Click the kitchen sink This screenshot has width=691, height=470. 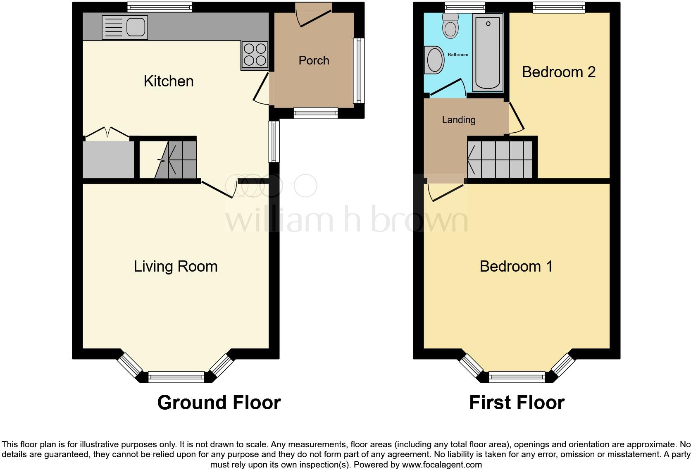coord(124,28)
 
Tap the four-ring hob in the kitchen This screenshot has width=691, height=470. coord(255,55)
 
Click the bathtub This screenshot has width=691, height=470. coord(488,52)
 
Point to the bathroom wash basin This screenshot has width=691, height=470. coord(434,60)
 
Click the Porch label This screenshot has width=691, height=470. coord(314,60)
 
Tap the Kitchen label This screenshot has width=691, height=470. coord(168,81)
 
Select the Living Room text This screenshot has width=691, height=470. coord(175,266)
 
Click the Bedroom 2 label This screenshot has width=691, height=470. coord(558,72)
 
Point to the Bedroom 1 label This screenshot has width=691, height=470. coord(516,266)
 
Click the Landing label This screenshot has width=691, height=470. coord(458,120)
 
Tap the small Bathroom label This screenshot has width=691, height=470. coord(458,55)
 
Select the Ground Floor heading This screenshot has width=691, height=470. coord(219,402)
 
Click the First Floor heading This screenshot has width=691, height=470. coord(516,402)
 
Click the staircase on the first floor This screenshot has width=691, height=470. coord(500,159)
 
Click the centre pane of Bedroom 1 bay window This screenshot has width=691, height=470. coord(517,377)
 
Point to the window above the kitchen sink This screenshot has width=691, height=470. coord(160,7)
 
